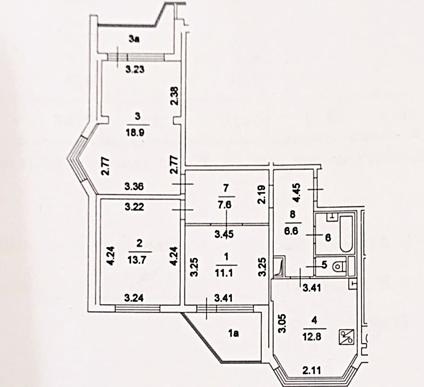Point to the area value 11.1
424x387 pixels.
click(226, 273)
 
